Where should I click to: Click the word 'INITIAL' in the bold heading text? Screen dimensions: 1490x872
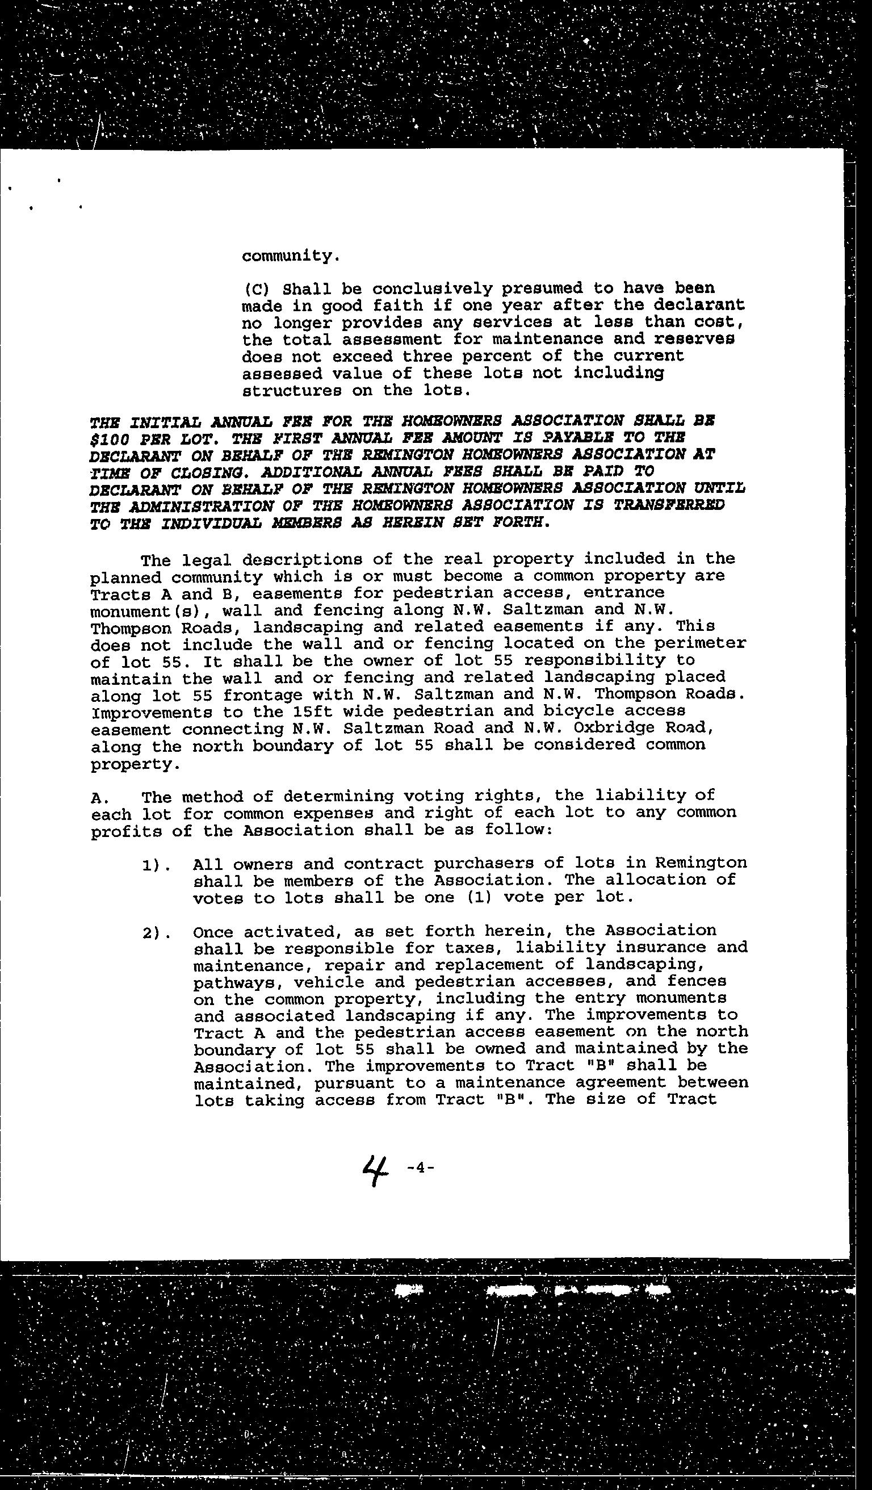coord(163,422)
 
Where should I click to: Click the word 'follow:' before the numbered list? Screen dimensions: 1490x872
coord(518,830)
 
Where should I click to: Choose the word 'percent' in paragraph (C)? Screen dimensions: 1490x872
coord(498,357)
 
